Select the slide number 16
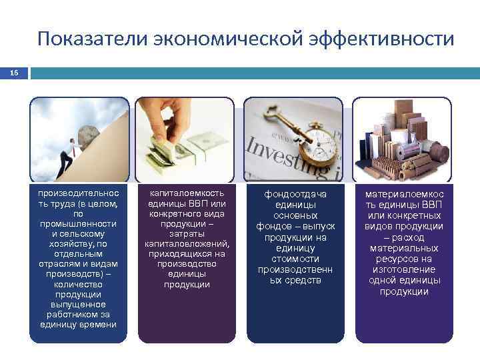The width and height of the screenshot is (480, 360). (x=14, y=73)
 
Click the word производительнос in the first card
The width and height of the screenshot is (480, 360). (x=78, y=193)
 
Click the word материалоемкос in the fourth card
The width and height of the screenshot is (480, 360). (x=404, y=194)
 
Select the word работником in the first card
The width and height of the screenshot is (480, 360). (x=78, y=314)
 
